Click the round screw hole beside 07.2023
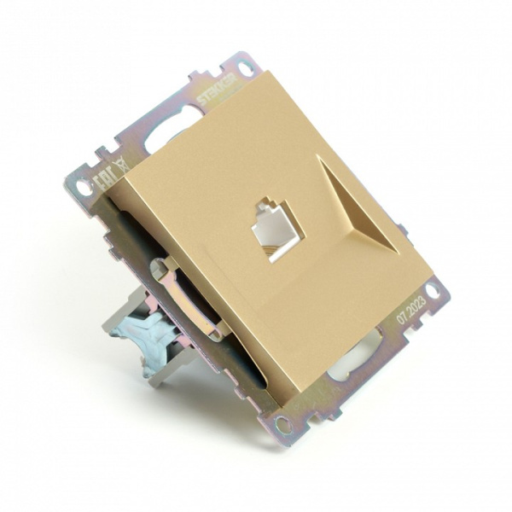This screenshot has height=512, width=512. (433, 291)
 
